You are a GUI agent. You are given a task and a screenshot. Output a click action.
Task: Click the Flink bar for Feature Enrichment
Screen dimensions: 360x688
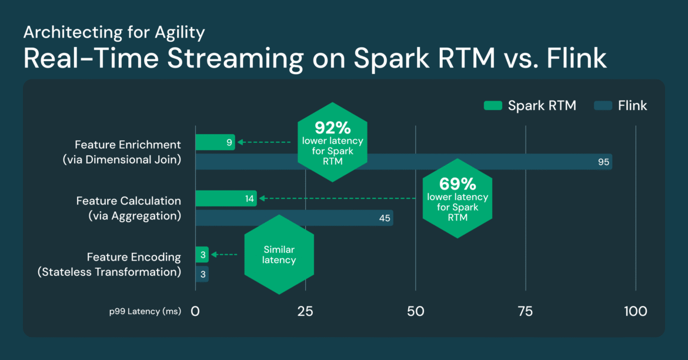pos(403,162)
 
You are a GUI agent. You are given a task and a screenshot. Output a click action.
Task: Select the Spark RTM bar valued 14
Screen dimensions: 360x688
pos(226,199)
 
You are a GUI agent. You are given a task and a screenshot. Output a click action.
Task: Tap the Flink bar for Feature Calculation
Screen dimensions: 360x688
pos(294,218)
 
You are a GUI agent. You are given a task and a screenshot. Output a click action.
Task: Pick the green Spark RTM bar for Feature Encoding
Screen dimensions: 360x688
pos(202,255)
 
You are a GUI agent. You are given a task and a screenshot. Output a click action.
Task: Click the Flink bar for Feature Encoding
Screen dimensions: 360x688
pos(202,274)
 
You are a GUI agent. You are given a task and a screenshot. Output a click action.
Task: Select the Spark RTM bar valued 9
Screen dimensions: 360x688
pos(215,142)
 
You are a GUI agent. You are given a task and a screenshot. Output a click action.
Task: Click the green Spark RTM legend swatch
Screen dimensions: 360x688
pos(492,106)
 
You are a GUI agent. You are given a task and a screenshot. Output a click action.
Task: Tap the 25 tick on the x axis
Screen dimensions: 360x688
pos(305,311)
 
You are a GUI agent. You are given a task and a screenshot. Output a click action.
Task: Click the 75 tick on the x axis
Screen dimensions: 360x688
pos(525,311)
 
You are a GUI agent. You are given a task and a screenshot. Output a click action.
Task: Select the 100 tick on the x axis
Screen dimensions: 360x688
pos(635,311)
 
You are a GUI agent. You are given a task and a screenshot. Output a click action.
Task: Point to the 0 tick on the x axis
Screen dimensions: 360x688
pos(195,311)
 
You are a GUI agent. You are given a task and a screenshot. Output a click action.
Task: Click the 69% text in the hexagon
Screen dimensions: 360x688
pos(457,184)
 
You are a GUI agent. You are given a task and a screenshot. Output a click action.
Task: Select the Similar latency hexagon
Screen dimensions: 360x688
pos(279,255)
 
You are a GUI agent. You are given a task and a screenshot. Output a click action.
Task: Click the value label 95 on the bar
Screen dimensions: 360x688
pos(603,162)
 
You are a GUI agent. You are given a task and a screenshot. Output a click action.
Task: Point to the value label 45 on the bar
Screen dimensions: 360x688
pos(385,218)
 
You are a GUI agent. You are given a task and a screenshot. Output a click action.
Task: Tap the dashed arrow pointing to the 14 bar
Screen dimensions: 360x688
pos(338,199)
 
